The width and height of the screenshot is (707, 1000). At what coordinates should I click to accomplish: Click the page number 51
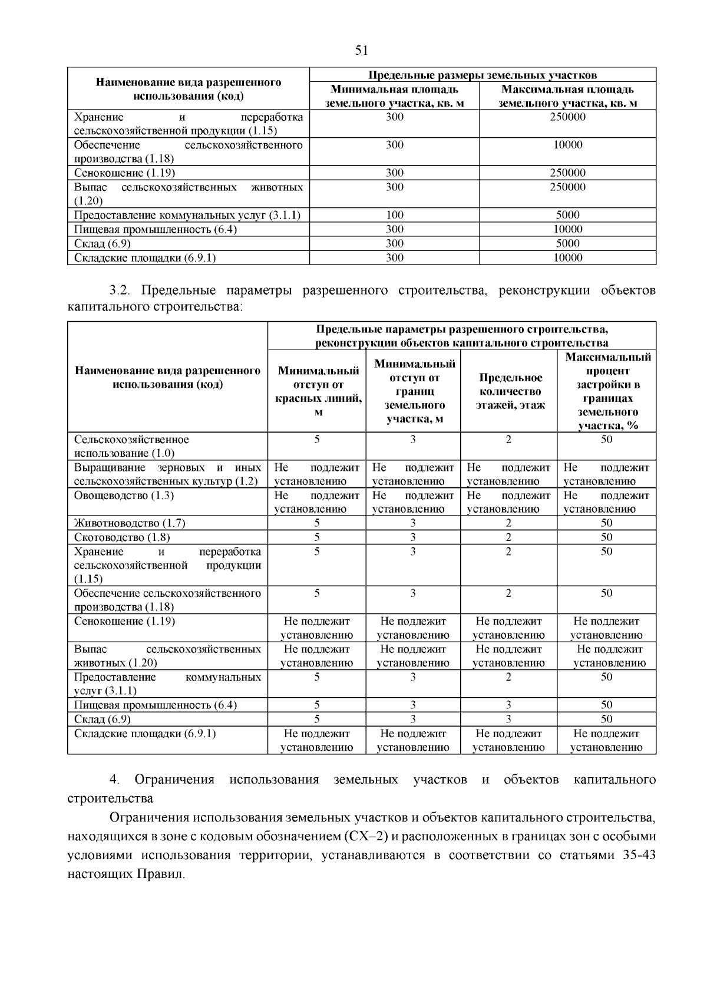[x=361, y=51]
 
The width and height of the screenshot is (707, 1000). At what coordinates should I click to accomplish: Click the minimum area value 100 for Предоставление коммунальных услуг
[x=394, y=215]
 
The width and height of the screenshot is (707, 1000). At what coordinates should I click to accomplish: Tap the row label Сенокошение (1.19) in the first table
[x=124, y=173]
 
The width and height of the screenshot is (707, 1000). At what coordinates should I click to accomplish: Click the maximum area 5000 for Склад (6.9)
[x=567, y=243]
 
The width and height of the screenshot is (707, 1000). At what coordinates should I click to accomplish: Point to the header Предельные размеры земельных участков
[x=482, y=75]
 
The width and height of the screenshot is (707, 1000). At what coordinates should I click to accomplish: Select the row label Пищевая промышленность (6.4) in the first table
[x=156, y=229]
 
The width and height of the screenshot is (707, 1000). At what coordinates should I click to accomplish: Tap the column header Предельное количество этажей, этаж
[x=509, y=391]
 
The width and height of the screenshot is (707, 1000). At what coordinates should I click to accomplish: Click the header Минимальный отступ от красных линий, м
[x=318, y=391]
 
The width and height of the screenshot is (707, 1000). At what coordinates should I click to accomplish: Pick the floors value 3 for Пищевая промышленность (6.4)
[x=508, y=705]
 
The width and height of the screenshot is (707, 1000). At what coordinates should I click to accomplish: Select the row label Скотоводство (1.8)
[x=121, y=537]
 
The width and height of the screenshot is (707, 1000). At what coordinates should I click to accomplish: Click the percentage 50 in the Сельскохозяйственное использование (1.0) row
[x=606, y=440]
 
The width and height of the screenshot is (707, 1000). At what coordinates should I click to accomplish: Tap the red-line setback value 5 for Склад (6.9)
[x=316, y=719]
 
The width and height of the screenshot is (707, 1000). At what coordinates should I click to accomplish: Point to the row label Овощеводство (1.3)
[x=124, y=496]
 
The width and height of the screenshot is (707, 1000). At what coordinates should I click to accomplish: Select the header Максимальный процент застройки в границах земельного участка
[x=607, y=391]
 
